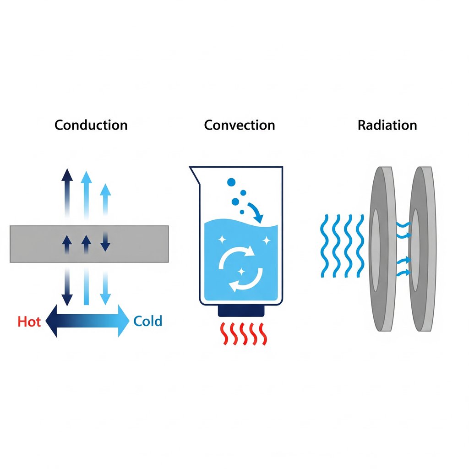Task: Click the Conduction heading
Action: pos(91,125)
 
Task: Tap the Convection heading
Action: pos(240,125)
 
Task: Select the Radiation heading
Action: pos(387,125)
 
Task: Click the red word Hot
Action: pos(29,322)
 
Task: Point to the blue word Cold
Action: pos(147,321)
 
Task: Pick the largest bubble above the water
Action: pos(231,182)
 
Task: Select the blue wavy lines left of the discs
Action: pos(341,245)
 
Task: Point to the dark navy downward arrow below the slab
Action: pos(67,289)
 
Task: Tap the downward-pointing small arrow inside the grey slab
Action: pos(105,243)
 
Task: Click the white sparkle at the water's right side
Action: pos(265,240)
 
